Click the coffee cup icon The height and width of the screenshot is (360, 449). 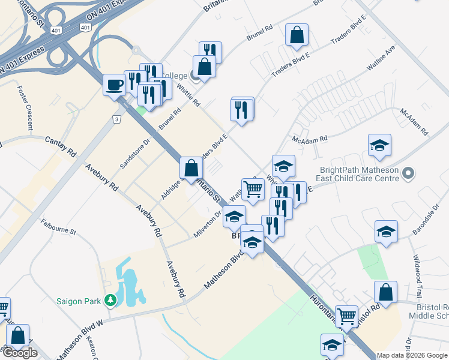(x=114, y=85)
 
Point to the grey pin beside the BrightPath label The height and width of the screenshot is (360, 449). (x=409, y=174)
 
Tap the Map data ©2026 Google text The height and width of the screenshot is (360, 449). (x=412, y=355)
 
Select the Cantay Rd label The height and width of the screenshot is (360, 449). (x=61, y=146)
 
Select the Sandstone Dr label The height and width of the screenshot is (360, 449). (x=133, y=153)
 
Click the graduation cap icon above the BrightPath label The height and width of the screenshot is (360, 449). (x=379, y=145)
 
